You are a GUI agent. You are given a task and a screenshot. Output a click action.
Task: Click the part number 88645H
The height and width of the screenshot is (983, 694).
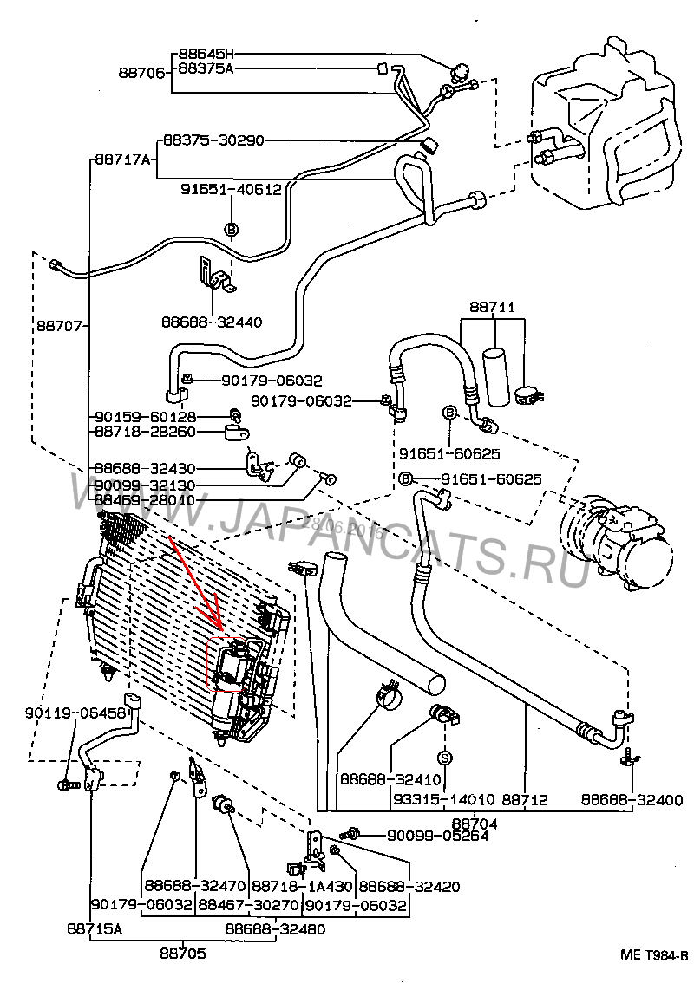[206, 53]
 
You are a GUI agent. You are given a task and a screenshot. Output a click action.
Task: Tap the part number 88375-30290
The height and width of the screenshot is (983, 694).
[213, 140]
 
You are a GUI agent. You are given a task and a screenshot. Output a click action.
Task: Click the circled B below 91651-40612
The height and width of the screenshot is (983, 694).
[232, 229]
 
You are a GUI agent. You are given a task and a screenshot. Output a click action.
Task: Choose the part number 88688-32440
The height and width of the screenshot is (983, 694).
[212, 322]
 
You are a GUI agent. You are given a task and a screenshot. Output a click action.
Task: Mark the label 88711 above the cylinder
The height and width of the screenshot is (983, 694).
[493, 308]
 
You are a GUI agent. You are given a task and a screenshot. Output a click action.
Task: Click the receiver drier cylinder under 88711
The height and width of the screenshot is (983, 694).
[497, 374]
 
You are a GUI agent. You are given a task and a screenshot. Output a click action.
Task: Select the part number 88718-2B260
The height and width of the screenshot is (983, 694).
[146, 432]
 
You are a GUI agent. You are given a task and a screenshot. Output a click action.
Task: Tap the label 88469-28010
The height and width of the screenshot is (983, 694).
[146, 500]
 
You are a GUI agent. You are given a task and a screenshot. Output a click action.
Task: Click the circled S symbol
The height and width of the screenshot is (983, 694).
[444, 758]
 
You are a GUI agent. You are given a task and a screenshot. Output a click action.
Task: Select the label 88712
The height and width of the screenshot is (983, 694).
[525, 800]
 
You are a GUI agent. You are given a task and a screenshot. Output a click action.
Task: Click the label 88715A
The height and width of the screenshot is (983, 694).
[95, 929]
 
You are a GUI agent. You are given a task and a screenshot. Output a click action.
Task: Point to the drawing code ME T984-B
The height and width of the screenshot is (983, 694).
[654, 955]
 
